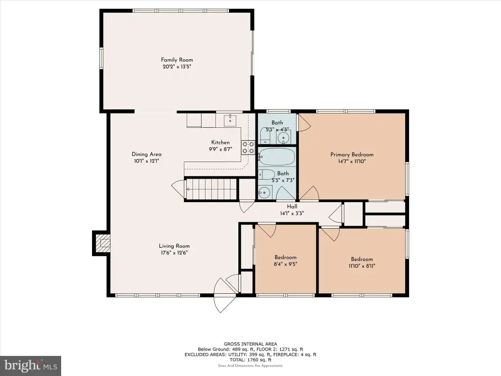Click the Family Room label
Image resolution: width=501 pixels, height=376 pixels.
point(177,60)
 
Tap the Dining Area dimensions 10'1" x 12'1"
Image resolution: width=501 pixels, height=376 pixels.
point(146,161)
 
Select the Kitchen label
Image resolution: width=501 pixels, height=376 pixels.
point(221,142)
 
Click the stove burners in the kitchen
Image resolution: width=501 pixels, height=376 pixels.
point(248,147)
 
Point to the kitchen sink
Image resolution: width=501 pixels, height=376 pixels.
point(230,120)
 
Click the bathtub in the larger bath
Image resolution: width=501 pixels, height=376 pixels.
point(277,157)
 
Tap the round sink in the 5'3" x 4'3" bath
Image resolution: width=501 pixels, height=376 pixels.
point(283,138)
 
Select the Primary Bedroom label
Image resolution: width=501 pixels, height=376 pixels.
point(352,154)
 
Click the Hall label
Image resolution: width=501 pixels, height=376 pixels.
point(292,207)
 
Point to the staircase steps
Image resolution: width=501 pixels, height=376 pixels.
point(211,189)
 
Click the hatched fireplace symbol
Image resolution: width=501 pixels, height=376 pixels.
point(104,243)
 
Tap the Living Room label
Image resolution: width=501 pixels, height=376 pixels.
point(174,246)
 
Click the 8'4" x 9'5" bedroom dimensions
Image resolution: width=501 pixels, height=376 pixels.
point(285,264)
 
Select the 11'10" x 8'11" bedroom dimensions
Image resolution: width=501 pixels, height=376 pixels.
point(362,266)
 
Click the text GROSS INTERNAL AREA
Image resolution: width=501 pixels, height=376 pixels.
point(250,344)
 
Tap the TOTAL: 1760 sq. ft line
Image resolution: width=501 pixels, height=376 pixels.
point(250,360)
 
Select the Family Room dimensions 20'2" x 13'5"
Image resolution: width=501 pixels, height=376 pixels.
point(177,67)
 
